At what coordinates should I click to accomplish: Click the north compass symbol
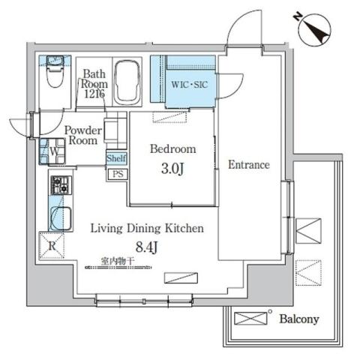tap(314, 28)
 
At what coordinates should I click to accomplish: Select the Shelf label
tap(116, 158)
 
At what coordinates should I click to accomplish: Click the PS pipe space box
tap(117, 174)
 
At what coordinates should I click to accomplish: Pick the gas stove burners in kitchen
tap(59, 183)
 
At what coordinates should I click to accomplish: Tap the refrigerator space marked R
tap(52, 244)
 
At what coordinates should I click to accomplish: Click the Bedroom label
tap(172, 148)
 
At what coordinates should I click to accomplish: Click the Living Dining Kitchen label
tap(147, 228)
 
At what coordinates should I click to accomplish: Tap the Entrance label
tap(248, 164)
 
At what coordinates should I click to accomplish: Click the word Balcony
tap(299, 319)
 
